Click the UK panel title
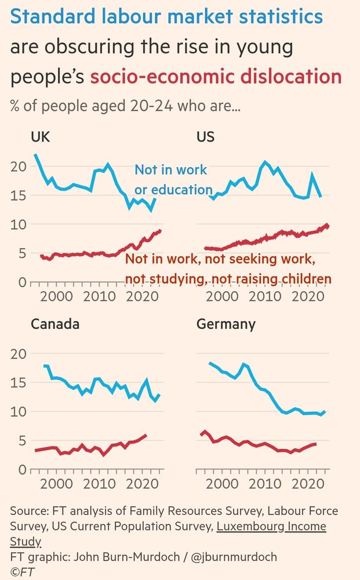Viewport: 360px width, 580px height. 41,137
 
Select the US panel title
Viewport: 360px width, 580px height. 206,137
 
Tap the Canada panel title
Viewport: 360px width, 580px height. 55,324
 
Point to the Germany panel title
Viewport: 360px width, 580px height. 226,324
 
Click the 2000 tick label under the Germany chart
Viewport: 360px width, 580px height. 223,484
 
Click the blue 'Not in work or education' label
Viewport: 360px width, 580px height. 173,180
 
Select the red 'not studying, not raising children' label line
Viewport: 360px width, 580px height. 228,279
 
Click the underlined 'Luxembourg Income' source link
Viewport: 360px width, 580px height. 271,527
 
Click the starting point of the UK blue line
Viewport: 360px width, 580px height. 35,155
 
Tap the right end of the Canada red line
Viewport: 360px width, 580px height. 146,434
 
